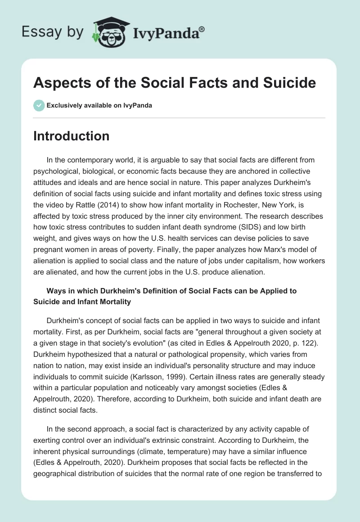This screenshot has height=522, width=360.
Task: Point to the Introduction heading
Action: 71,136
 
